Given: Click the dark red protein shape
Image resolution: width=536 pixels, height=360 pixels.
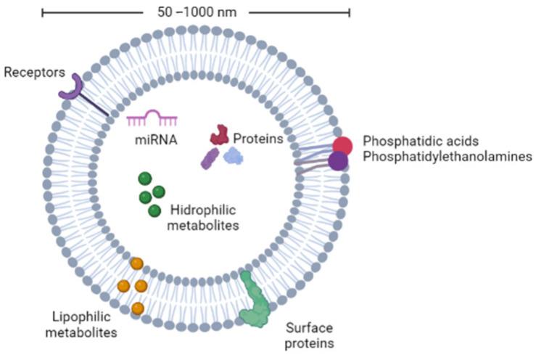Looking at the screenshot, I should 219,134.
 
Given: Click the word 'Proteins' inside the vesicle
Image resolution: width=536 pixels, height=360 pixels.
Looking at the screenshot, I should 256,137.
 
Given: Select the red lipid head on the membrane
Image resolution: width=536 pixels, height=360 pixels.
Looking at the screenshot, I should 342,145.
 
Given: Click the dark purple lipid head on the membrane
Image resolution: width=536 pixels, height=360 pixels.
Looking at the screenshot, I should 337,160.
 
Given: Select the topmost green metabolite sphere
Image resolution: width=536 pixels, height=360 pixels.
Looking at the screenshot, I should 145,179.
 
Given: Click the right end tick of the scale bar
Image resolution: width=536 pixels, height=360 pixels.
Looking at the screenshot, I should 350,12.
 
